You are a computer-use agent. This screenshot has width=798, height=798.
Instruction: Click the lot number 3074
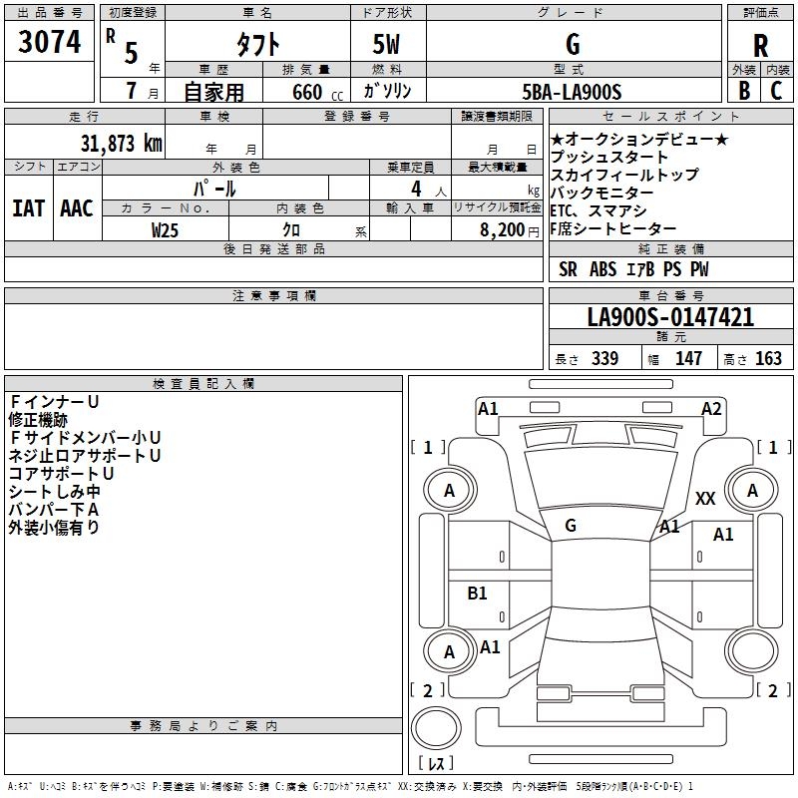point(49,42)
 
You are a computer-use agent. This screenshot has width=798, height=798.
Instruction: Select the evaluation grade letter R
point(760,46)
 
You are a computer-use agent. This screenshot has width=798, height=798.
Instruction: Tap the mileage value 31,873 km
point(121,144)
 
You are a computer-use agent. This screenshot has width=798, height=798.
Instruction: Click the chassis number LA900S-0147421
point(670,317)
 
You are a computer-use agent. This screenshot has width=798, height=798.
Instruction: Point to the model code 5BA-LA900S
point(572,92)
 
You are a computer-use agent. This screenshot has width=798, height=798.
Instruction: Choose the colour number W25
point(165,230)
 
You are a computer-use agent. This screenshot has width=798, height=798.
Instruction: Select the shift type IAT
point(29,208)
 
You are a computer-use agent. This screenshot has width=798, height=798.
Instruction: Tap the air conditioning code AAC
point(77,208)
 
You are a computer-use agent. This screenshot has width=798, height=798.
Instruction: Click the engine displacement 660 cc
point(317,92)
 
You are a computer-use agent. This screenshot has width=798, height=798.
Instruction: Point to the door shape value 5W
point(386,44)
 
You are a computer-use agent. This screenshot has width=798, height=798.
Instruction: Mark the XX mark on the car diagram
point(705,498)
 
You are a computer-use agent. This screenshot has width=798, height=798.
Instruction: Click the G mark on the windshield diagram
point(571,526)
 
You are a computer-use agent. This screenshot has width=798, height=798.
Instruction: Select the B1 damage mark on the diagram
point(477,593)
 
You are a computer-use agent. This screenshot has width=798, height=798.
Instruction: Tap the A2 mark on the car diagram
point(711,409)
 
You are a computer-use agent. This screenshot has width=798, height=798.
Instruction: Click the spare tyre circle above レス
point(436,727)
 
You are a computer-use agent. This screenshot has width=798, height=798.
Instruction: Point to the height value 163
point(768,358)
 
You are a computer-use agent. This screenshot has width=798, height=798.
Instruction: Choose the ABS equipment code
point(603,269)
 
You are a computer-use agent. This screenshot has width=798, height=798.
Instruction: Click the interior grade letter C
point(776,91)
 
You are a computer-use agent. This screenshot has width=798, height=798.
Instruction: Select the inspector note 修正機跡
point(38,420)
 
